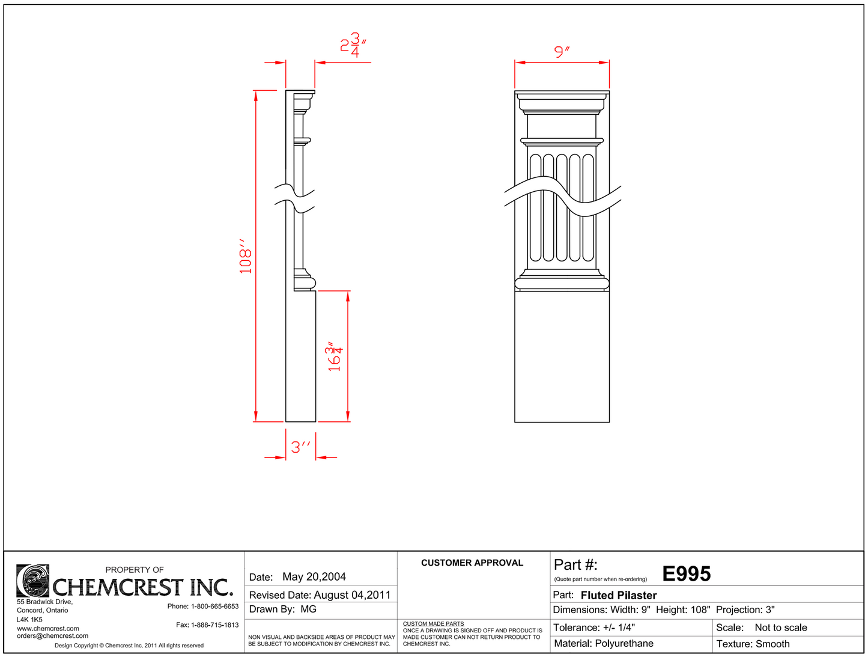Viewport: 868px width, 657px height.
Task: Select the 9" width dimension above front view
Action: pos(562,52)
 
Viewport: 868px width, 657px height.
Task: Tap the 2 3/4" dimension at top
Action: pos(353,45)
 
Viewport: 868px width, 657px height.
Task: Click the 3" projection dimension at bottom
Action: pos(301,447)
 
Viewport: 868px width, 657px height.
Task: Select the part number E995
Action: pos(686,574)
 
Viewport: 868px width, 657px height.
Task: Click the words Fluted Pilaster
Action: pos(618,595)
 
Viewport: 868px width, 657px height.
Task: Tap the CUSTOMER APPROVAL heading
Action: pos(472,563)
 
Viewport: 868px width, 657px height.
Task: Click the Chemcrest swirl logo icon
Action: pos(32,581)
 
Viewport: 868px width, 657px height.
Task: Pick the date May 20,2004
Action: pos(314,577)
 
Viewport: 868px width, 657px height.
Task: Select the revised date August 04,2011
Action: pos(352,595)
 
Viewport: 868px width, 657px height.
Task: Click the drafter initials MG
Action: pos(308,610)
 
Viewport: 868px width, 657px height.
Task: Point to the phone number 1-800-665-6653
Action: pos(214,607)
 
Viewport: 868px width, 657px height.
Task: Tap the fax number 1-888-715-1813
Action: pos(214,625)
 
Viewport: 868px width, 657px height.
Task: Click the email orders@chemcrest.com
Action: pos(52,636)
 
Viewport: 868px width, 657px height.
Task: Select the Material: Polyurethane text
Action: pos(603,644)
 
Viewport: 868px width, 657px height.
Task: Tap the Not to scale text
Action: pos(780,628)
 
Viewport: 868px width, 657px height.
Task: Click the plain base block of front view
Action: pos(562,357)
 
